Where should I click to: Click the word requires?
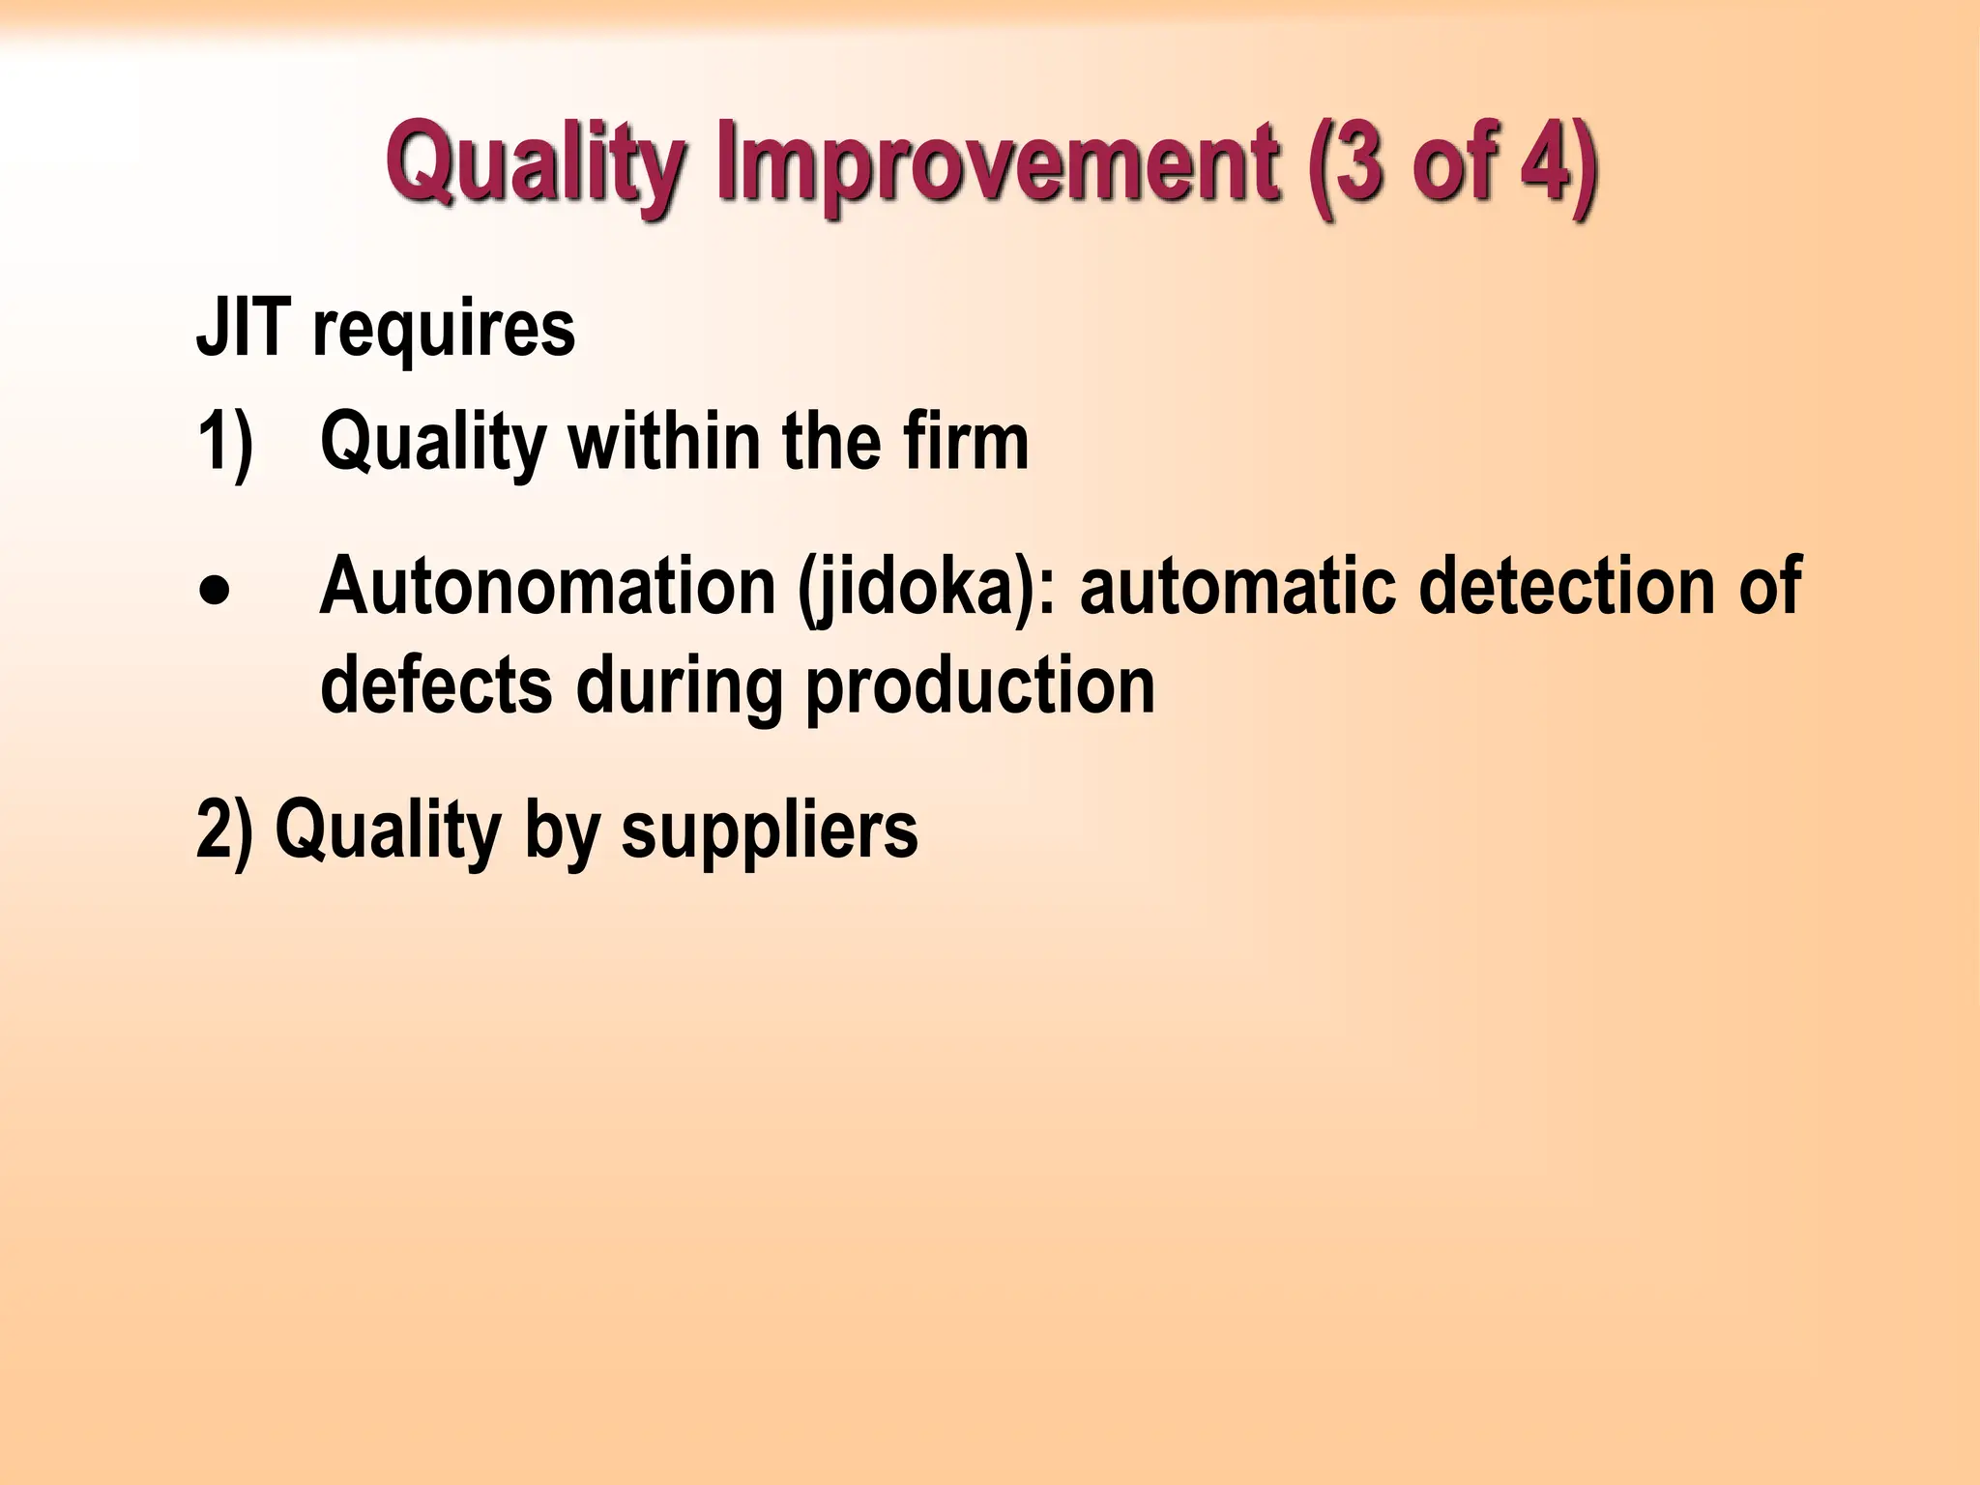coord(444,334)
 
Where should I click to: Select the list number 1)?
coord(225,443)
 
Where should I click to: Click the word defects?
coord(436,684)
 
